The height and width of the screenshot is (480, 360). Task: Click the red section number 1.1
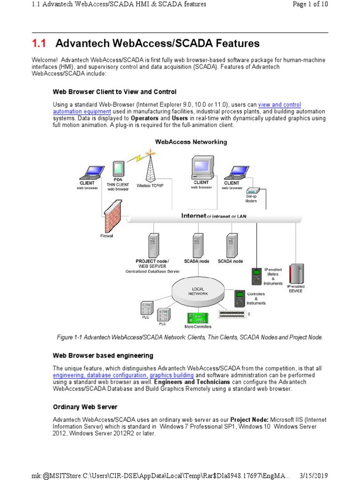pos(39,44)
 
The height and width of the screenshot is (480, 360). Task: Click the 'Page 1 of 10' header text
pos(310,4)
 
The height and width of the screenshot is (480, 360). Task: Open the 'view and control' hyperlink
pos(279,105)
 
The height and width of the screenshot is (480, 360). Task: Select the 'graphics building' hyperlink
pos(172,375)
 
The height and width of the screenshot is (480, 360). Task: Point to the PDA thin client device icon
pos(118,170)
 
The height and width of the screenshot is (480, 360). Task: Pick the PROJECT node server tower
pos(152,245)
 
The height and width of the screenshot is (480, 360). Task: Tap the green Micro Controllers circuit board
pos(199,317)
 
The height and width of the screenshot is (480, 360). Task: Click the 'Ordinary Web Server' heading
pos(85,407)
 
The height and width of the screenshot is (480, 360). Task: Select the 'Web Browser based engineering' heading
pos(103,356)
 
